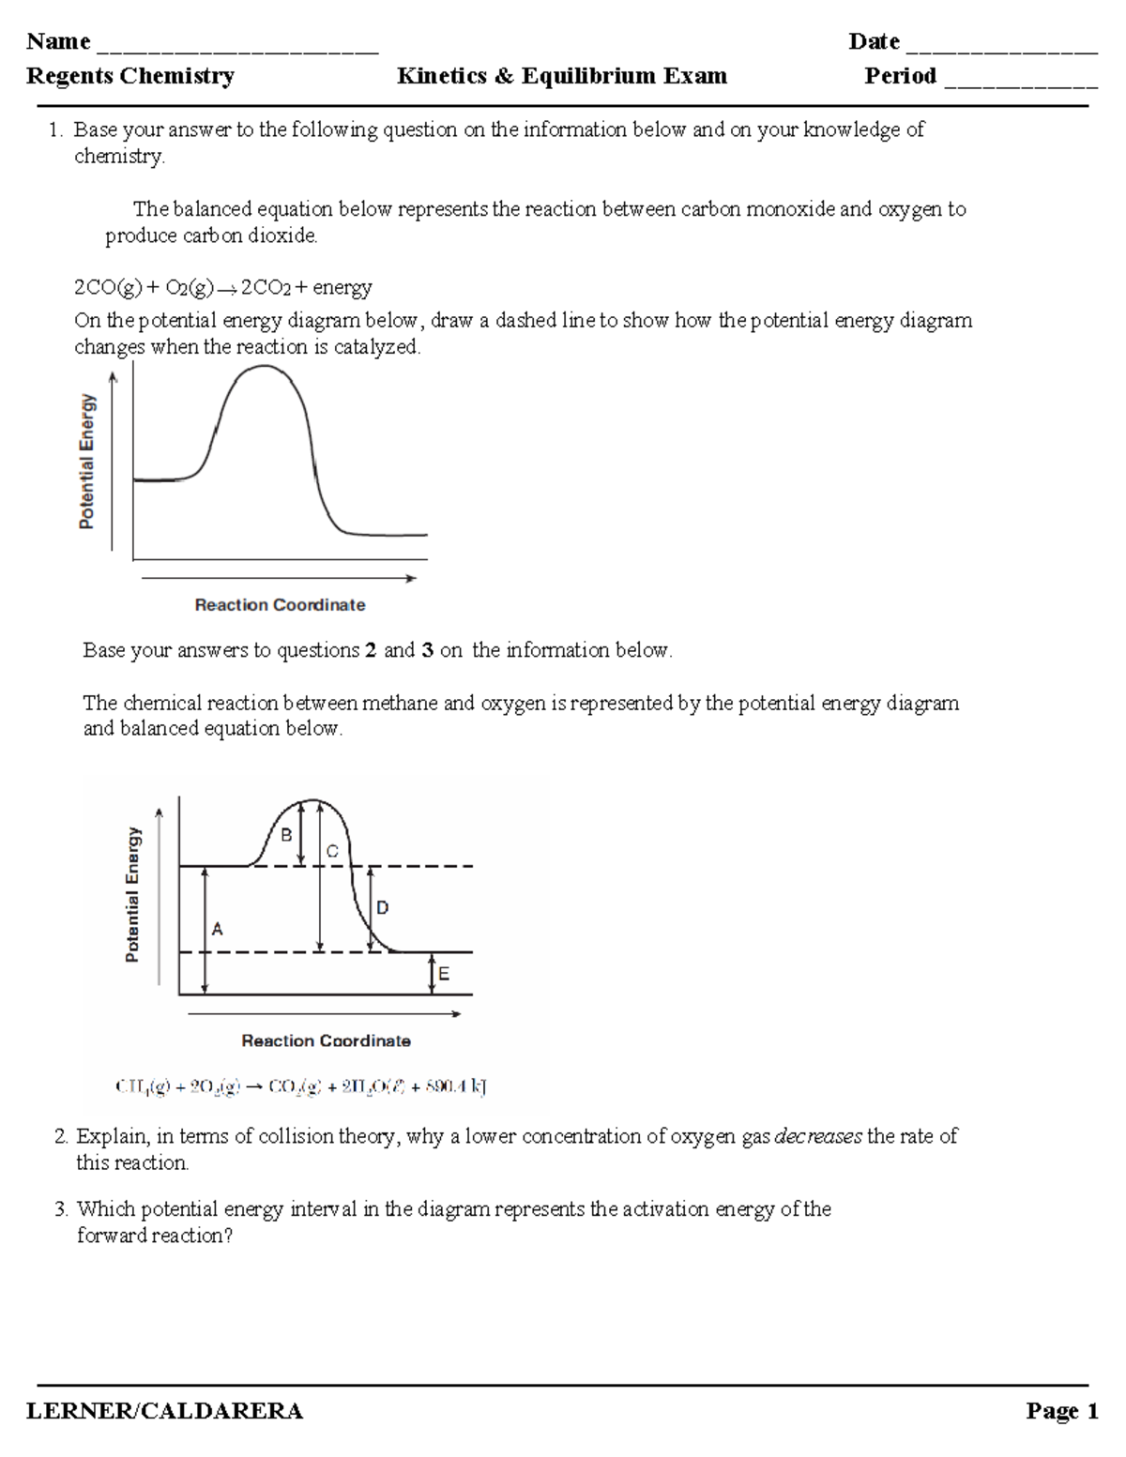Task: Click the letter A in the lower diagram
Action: coord(218,929)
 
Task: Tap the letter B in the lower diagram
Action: coord(287,834)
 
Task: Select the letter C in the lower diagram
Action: coord(331,851)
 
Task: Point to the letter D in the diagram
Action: coord(382,907)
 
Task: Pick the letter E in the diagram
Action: coord(444,974)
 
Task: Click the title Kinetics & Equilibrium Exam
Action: coord(561,76)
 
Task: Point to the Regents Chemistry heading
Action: coord(130,76)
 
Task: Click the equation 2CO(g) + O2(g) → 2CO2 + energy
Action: coord(223,287)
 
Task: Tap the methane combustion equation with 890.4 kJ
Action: coord(300,1087)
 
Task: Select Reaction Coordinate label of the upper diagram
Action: coord(280,605)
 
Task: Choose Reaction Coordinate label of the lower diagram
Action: coord(326,1040)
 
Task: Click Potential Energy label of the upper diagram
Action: coord(86,462)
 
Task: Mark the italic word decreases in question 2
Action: coord(817,1136)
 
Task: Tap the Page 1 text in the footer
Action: coord(1061,1411)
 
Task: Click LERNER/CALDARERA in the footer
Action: coord(164,1411)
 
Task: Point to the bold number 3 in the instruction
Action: coord(428,650)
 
